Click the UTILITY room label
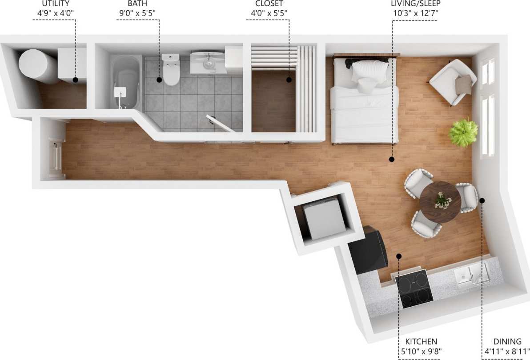(56, 4)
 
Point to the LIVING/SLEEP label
(416, 4)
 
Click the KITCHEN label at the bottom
(421, 341)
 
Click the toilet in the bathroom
(171, 70)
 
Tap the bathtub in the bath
(126, 81)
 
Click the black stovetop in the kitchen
(414, 288)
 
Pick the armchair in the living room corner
(452, 83)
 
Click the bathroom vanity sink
(208, 63)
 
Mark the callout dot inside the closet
(289, 80)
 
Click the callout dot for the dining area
(482, 200)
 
